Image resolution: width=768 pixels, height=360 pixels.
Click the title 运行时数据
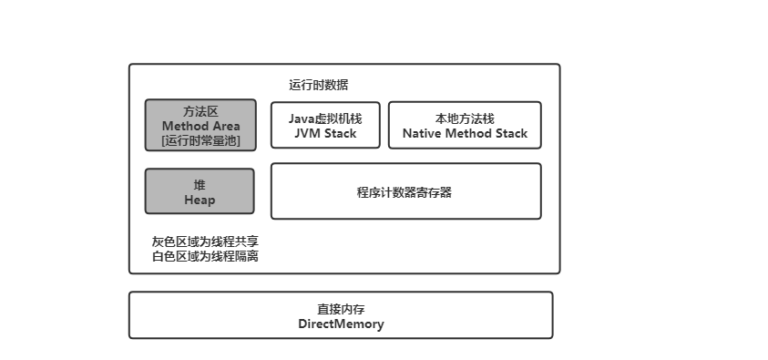(318, 85)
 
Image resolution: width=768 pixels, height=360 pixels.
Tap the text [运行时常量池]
(200, 140)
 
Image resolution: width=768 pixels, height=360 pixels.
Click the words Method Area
(200, 126)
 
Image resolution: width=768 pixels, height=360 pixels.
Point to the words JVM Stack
(325, 133)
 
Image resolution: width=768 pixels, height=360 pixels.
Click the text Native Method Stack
(465, 133)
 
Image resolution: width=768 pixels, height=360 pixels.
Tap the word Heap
(200, 200)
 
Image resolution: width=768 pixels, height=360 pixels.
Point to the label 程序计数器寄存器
(405, 191)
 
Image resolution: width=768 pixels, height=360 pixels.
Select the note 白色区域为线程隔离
(205, 256)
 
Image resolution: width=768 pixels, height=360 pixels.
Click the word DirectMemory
(341, 324)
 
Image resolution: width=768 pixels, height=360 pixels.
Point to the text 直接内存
(341, 309)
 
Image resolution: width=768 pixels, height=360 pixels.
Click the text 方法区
(200, 111)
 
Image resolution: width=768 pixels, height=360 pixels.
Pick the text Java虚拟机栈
(325, 118)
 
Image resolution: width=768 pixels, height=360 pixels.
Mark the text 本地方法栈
(465, 118)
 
